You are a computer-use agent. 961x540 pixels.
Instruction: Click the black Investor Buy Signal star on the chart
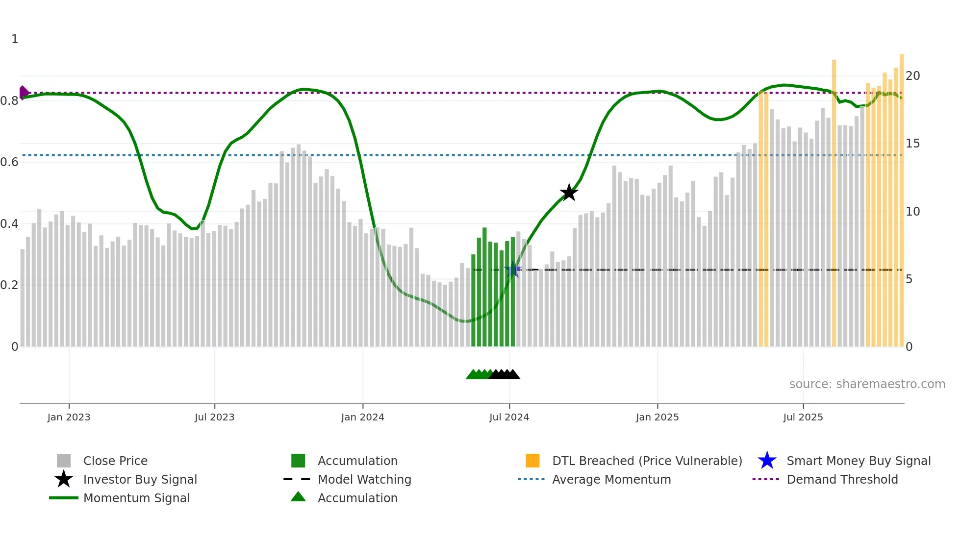[x=569, y=193]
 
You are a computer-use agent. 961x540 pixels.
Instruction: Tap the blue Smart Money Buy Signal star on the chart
[x=513, y=270]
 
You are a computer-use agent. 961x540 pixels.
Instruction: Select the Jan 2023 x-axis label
[x=69, y=417]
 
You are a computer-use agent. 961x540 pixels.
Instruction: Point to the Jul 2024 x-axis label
[x=509, y=417]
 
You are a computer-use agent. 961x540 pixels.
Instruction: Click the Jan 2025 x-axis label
[x=657, y=417]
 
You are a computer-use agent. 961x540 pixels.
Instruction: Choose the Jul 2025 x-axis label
[x=803, y=417]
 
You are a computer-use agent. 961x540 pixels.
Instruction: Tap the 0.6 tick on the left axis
[x=9, y=162]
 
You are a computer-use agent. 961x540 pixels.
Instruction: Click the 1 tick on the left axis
[x=15, y=39]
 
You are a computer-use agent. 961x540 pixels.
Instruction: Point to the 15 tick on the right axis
[x=912, y=144]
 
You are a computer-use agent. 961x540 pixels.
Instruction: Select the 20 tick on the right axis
[x=912, y=76]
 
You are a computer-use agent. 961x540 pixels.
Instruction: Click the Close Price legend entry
[x=115, y=461]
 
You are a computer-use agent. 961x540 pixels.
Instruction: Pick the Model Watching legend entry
[x=364, y=479]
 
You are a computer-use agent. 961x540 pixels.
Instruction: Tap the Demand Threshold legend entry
[x=842, y=479]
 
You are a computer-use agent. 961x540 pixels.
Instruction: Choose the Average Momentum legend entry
[x=611, y=479]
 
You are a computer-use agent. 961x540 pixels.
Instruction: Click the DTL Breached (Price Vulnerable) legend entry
[x=647, y=461]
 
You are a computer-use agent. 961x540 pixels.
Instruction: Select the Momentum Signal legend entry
[x=136, y=498]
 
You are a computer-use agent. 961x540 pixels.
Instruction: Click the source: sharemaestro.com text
[x=867, y=384]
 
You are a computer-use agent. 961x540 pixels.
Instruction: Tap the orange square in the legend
[x=532, y=461]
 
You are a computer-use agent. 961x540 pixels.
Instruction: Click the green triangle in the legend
[x=298, y=497]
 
